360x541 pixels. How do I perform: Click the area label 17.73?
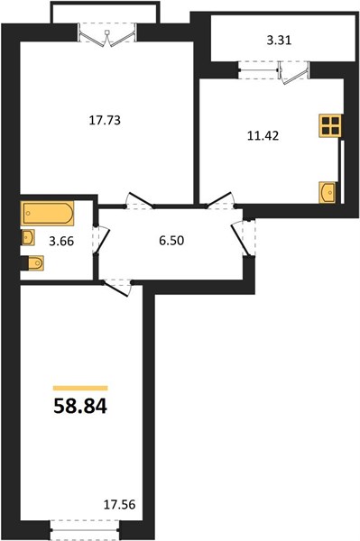point(105,121)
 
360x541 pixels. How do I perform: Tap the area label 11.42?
point(263,136)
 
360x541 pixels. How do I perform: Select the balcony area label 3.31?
point(279,41)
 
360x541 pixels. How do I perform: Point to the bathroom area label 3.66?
point(61,241)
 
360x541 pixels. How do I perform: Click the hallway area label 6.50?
point(171,241)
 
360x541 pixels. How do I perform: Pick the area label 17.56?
point(120,505)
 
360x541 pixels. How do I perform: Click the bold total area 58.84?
point(80,406)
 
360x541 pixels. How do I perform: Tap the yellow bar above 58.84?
point(80,388)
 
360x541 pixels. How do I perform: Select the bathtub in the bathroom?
point(48,214)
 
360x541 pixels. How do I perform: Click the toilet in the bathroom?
point(32,263)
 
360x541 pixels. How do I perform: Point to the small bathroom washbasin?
point(28,237)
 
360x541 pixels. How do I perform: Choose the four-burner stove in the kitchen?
point(329,125)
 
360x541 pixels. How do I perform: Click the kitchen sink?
point(327,192)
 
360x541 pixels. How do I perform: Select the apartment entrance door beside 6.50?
point(244,237)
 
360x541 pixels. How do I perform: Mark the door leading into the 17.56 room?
point(117,288)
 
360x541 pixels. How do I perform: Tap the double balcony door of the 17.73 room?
point(106,35)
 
